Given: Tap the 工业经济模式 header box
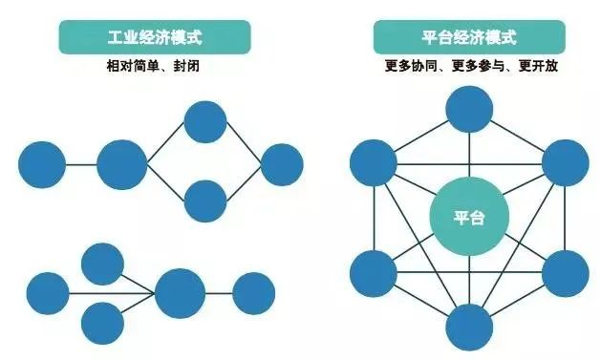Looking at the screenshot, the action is [156, 39].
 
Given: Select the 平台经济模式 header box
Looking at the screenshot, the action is [468, 39].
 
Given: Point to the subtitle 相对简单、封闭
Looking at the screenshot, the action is [155, 69].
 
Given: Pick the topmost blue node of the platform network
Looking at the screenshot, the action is [469, 108].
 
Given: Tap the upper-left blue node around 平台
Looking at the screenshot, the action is [374, 162].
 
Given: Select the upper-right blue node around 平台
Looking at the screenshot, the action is [566, 162].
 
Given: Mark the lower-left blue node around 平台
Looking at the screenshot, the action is [374, 274].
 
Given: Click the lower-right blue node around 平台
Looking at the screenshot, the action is [566, 274].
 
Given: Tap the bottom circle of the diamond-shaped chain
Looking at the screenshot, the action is [204, 201].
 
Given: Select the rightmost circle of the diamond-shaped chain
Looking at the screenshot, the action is [282, 164].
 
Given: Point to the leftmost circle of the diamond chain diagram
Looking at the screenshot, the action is [42, 164].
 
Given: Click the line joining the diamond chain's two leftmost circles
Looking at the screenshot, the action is [81, 164].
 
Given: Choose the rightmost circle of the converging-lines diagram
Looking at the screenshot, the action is [253, 293].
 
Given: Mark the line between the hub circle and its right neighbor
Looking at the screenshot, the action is [219, 293].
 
